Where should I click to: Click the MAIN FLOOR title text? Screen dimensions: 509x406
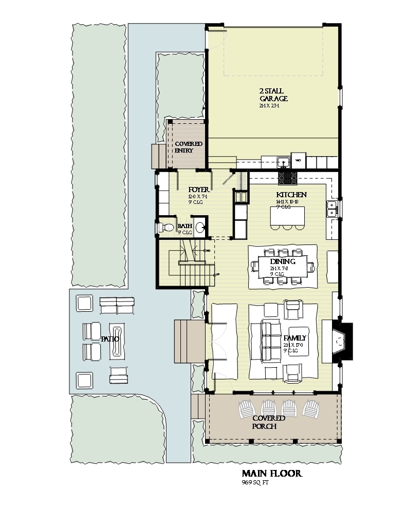272,474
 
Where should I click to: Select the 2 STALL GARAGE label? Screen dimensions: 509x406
273,95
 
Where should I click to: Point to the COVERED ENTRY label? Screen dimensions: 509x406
188,147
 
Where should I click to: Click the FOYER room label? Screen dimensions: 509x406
198,190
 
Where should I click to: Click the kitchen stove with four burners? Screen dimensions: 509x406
287,178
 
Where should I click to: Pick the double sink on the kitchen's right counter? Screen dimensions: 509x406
332,209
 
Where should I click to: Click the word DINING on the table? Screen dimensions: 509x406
283,261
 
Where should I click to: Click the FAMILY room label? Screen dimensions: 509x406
295,338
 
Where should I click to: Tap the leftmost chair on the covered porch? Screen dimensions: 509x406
247,409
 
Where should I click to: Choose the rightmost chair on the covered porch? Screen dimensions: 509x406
311,409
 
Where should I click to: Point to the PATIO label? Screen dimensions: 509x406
110,340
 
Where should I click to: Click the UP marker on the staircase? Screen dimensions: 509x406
218,274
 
